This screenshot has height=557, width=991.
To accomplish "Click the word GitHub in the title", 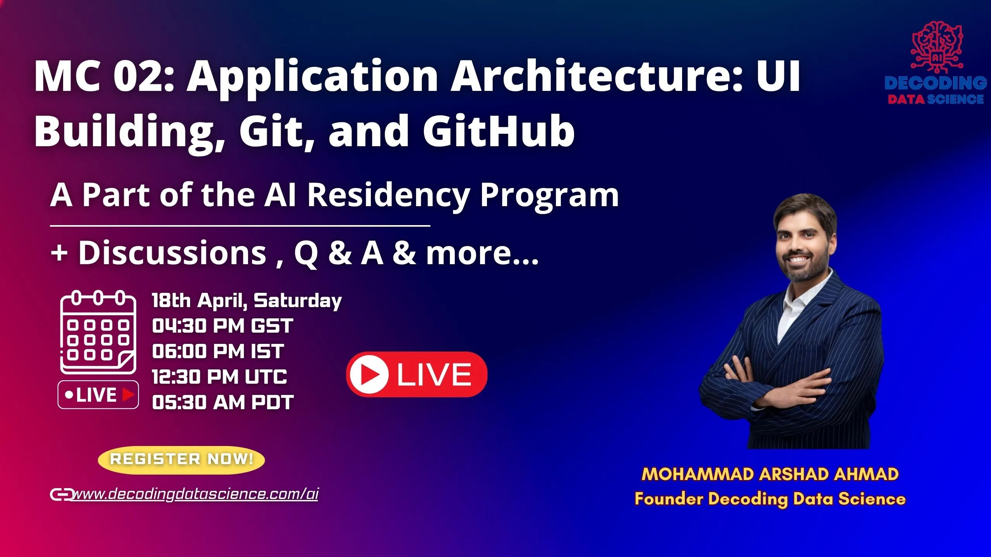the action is [499, 131].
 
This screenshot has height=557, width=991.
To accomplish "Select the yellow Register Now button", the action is [182, 460].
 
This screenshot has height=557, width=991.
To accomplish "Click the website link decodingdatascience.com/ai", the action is [195, 494].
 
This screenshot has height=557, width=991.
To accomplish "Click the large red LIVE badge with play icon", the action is [417, 374].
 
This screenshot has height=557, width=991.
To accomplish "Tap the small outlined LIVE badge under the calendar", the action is [98, 395].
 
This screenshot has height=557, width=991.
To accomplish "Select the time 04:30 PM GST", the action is [223, 326].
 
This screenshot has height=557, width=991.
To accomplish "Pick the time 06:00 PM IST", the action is [218, 351].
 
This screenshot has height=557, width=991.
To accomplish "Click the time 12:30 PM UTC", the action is [219, 377].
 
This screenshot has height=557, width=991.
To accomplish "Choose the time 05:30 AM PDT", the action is [223, 402].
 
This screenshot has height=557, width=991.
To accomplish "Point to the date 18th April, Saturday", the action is [247, 301].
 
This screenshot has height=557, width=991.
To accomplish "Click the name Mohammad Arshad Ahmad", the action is [770, 474].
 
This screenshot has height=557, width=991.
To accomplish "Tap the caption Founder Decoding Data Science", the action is [770, 499].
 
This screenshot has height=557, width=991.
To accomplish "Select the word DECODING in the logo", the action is [936, 83].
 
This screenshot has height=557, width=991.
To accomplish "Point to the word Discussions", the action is [173, 253].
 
